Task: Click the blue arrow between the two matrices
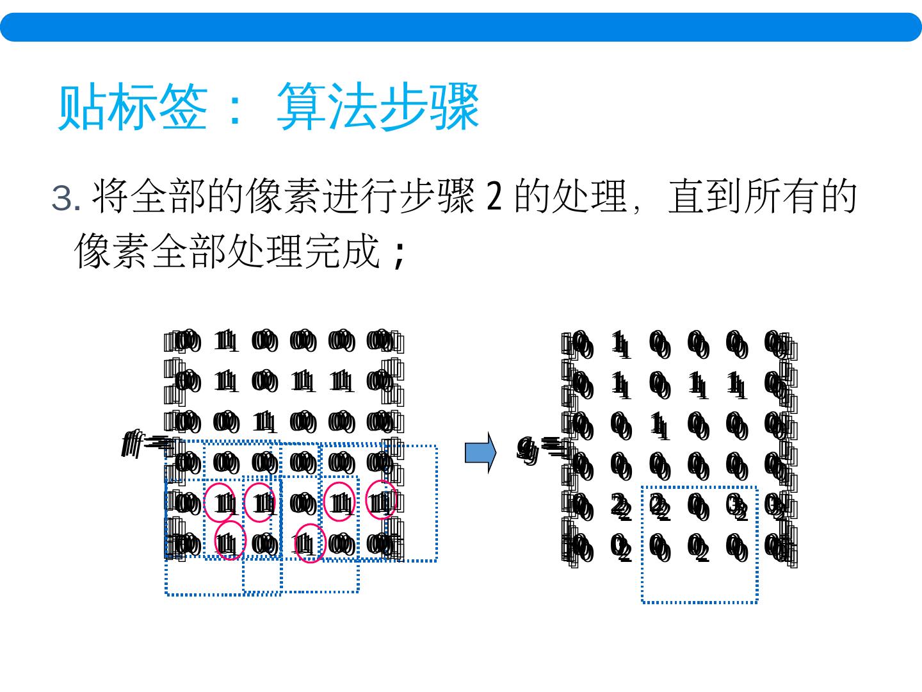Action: click(480, 452)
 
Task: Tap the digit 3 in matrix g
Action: click(737, 507)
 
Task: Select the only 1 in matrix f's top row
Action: click(225, 341)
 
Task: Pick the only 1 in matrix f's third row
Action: click(264, 422)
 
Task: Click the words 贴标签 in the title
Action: click(132, 107)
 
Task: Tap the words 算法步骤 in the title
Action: click(378, 107)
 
